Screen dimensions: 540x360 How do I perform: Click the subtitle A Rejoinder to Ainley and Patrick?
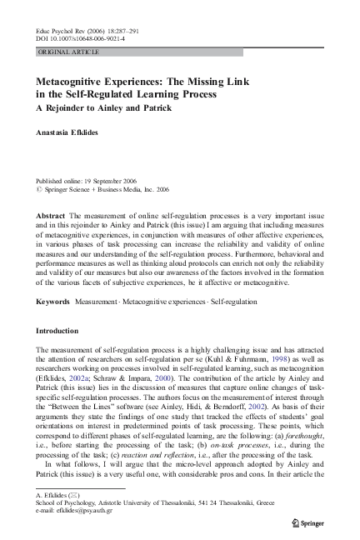click(103, 108)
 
